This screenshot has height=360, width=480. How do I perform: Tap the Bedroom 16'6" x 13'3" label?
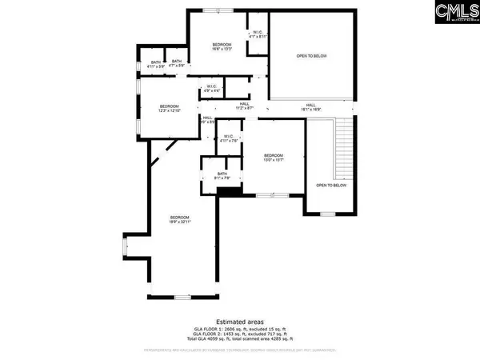click(x=222, y=46)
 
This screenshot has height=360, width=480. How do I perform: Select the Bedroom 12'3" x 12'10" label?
click(x=169, y=108)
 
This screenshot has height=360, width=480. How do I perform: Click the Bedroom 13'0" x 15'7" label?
click(x=274, y=158)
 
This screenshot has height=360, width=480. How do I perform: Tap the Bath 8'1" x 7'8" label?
click(x=222, y=178)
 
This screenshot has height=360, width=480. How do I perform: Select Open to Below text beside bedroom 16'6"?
click(x=311, y=56)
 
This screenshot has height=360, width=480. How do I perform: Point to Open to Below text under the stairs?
click(x=331, y=185)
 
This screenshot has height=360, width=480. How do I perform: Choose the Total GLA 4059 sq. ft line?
click(x=240, y=341)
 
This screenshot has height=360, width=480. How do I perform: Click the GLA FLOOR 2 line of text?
click(x=240, y=335)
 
